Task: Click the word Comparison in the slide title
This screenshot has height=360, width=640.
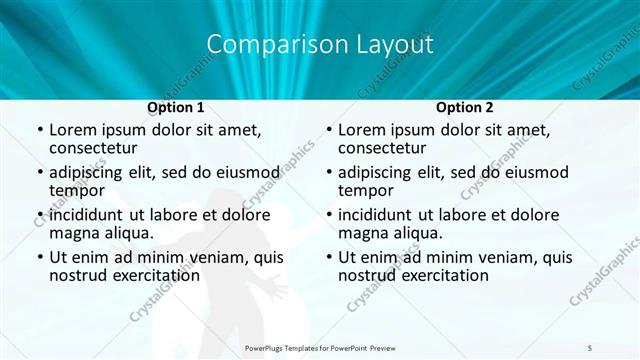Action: [x=267, y=45]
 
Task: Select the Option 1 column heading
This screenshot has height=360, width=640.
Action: [x=176, y=106]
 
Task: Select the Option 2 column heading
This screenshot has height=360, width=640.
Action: [x=464, y=106]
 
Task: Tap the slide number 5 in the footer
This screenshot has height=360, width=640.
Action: [x=590, y=347]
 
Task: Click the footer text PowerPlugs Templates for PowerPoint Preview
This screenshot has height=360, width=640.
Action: [x=320, y=347]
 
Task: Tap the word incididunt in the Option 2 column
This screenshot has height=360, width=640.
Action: [x=384, y=215]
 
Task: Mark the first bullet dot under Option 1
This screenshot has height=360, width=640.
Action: [x=39, y=130]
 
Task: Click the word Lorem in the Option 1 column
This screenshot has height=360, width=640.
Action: [x=75, y=130]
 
